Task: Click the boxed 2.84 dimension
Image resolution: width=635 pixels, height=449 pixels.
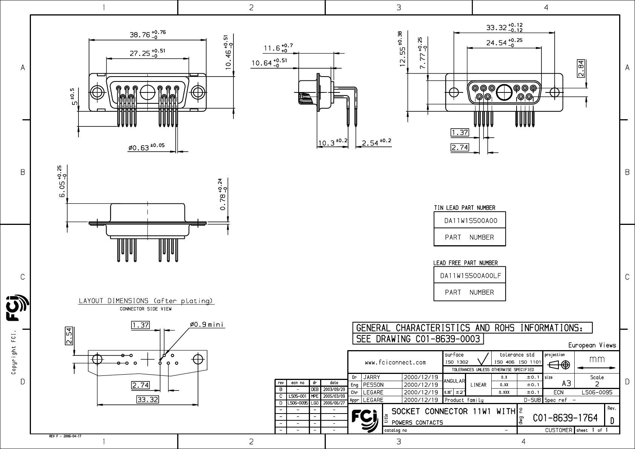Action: tap(581, 69)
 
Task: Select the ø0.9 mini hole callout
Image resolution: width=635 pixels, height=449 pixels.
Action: tap(207, 324)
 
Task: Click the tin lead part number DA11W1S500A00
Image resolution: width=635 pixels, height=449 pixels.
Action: tap(470, 221)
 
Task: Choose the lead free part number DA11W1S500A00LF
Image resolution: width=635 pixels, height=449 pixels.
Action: tap(470, 276)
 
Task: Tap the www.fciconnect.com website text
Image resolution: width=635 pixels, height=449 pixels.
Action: tap(395, 363)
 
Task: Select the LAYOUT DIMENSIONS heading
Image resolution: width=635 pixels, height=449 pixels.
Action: tap(146, 301)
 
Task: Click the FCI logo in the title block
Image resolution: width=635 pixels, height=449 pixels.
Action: tap(364, 419)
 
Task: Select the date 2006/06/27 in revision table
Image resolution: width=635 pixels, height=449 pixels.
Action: tap(334, 403)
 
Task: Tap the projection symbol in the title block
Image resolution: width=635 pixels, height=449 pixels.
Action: tap(559, 365)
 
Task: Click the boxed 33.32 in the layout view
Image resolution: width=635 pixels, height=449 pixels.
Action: tap(147, 399)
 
